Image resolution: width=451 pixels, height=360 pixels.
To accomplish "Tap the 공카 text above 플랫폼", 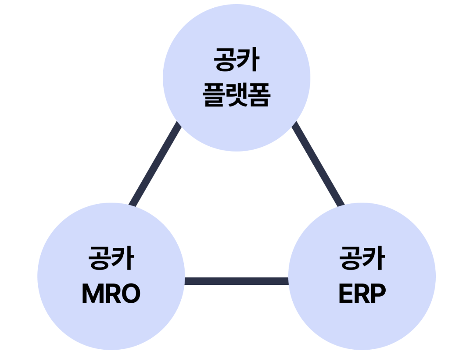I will click(236, 60).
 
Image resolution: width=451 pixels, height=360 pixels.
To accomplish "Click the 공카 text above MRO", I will click(111, 258).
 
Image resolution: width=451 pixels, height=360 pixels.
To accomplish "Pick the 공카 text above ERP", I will click(362, 258).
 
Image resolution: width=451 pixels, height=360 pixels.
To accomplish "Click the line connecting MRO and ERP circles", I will click(236, 281).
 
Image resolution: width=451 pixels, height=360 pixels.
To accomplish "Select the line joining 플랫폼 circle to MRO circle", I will click(155, 164).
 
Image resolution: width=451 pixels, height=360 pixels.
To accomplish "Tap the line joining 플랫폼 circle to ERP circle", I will click(318, 164).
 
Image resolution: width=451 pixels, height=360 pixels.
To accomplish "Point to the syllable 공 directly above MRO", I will click(100, 258).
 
